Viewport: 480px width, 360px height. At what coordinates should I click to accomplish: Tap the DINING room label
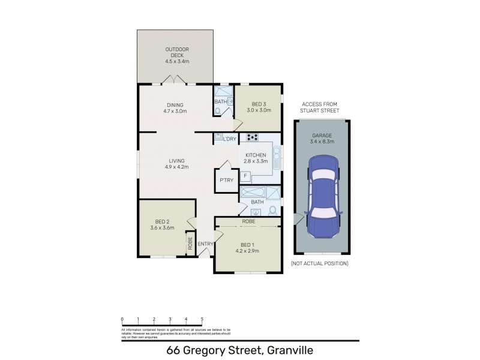point(175,104)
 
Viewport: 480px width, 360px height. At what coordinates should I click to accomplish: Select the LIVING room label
point(176,160)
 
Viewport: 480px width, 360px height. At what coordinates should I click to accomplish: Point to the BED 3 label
point(259,104)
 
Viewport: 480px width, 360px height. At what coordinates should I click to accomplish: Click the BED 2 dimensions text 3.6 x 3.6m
point(161,228)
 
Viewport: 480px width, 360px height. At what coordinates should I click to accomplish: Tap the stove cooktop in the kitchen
point(253,137)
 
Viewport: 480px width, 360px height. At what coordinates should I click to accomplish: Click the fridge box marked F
point(245,176)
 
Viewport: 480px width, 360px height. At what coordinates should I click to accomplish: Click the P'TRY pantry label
point(226,181)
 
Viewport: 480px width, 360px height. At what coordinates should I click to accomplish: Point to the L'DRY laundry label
point(229,139)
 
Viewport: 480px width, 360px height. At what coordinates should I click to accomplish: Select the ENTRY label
point(205,244)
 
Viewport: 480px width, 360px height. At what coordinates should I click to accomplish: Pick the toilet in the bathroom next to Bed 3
point(217,111)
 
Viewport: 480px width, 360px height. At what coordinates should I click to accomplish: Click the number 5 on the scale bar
point(202,319)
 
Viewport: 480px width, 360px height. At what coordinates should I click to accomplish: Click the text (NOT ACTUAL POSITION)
point(319,263)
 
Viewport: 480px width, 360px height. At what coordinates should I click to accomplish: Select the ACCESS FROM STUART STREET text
point(320,107)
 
